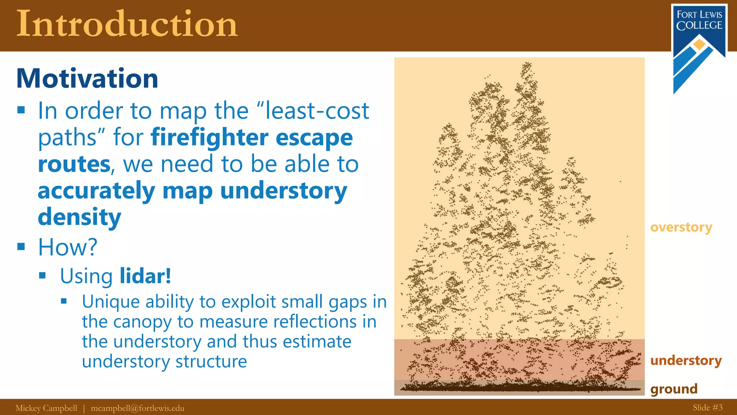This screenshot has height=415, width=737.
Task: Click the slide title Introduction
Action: (127, 24)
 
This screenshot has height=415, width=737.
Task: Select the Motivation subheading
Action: (87, 79)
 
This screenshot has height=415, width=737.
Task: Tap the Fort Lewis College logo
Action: (699, 47)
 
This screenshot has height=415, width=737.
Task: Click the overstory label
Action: (681, 228)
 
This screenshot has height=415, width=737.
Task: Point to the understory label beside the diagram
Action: (686, 361)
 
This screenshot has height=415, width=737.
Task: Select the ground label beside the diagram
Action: (674, 389)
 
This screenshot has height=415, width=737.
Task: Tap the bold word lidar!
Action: (145, 276)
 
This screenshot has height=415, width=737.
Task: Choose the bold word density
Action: (80, 217)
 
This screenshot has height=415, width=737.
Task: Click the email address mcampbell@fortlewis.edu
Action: (137, 408)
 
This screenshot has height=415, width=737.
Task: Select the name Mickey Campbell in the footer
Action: (46, 408)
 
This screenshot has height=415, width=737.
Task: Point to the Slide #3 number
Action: (707, 408)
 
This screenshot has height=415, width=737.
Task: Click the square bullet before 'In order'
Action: (21, 110)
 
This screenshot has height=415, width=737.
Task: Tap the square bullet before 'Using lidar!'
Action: (42, 276)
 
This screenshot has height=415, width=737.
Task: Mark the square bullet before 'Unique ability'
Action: (64, 301)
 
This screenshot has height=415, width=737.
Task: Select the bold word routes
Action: (74, 164)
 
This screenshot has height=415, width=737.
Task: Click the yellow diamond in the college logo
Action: (699, 45)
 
